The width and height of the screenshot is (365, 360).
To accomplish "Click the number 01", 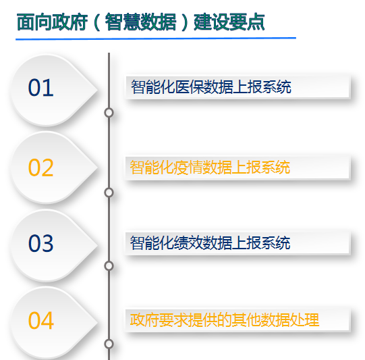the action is pyautogui.click(x=40, y=88).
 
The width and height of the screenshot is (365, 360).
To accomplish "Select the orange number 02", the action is pyautogui.click(x=40, y=168).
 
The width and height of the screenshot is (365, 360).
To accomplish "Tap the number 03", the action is pyautogui.click(x=40, y=243).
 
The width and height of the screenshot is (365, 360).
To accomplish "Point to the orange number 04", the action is pyautogui.click(x=40, y=321).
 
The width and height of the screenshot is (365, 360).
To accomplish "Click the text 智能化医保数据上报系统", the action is pyautogui.click(x=211, y=87).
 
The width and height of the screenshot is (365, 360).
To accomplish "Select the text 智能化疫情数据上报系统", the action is pyautogui.click(x=210, y=168).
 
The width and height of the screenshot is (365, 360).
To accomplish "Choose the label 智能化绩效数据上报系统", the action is pyautogui.click(x=210, y=242).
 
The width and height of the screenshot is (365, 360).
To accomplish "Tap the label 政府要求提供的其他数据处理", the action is pyautogui.click(x=225, y=320).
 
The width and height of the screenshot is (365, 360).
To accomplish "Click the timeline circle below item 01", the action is pyautogui.click(x=109, y=113).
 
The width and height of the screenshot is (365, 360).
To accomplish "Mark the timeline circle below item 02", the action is pyautogui.click(x=109, y=192).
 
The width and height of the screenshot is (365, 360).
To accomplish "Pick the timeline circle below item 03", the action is pyautogui.click(x=109, y=266).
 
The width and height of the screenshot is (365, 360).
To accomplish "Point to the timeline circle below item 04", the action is pyautogui.click(x=109, y=344).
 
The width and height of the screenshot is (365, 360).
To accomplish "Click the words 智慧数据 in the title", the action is pyautogui.click(x=141, y=22).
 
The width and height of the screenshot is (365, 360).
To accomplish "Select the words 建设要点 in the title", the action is pyautogui.click(x=229, y=22).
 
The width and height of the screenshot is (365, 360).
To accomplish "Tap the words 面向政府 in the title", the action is pyautogui.click(x=52, y=22).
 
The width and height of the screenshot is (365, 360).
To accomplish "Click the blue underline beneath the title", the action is pyautogui.click(x=156, y=38).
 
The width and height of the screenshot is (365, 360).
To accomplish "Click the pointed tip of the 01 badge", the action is pyautogui.click(x=97, y=90).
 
